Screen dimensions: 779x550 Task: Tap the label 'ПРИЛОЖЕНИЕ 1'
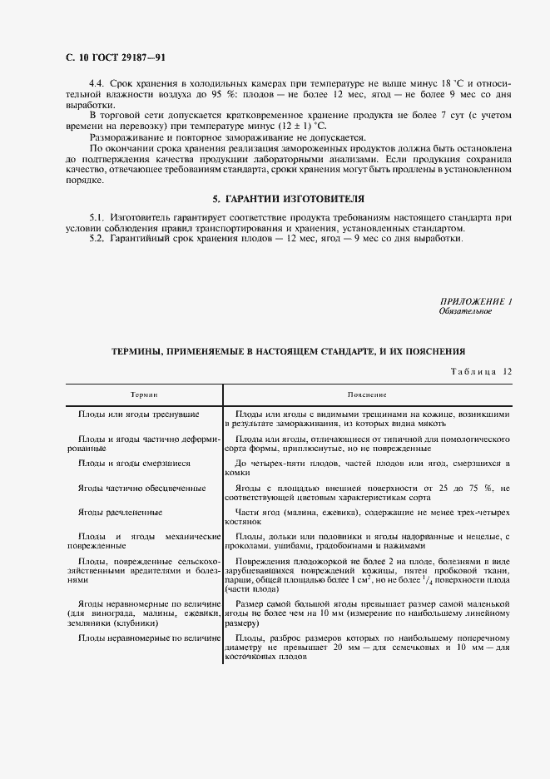point(475,301)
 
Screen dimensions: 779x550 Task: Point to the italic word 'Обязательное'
point(465,311)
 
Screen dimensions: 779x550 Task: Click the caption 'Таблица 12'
point(481,371)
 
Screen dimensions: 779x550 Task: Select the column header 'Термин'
point(144,394)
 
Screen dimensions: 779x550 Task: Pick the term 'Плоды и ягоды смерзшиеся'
point(134,463)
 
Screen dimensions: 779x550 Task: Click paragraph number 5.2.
point(98,239)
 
